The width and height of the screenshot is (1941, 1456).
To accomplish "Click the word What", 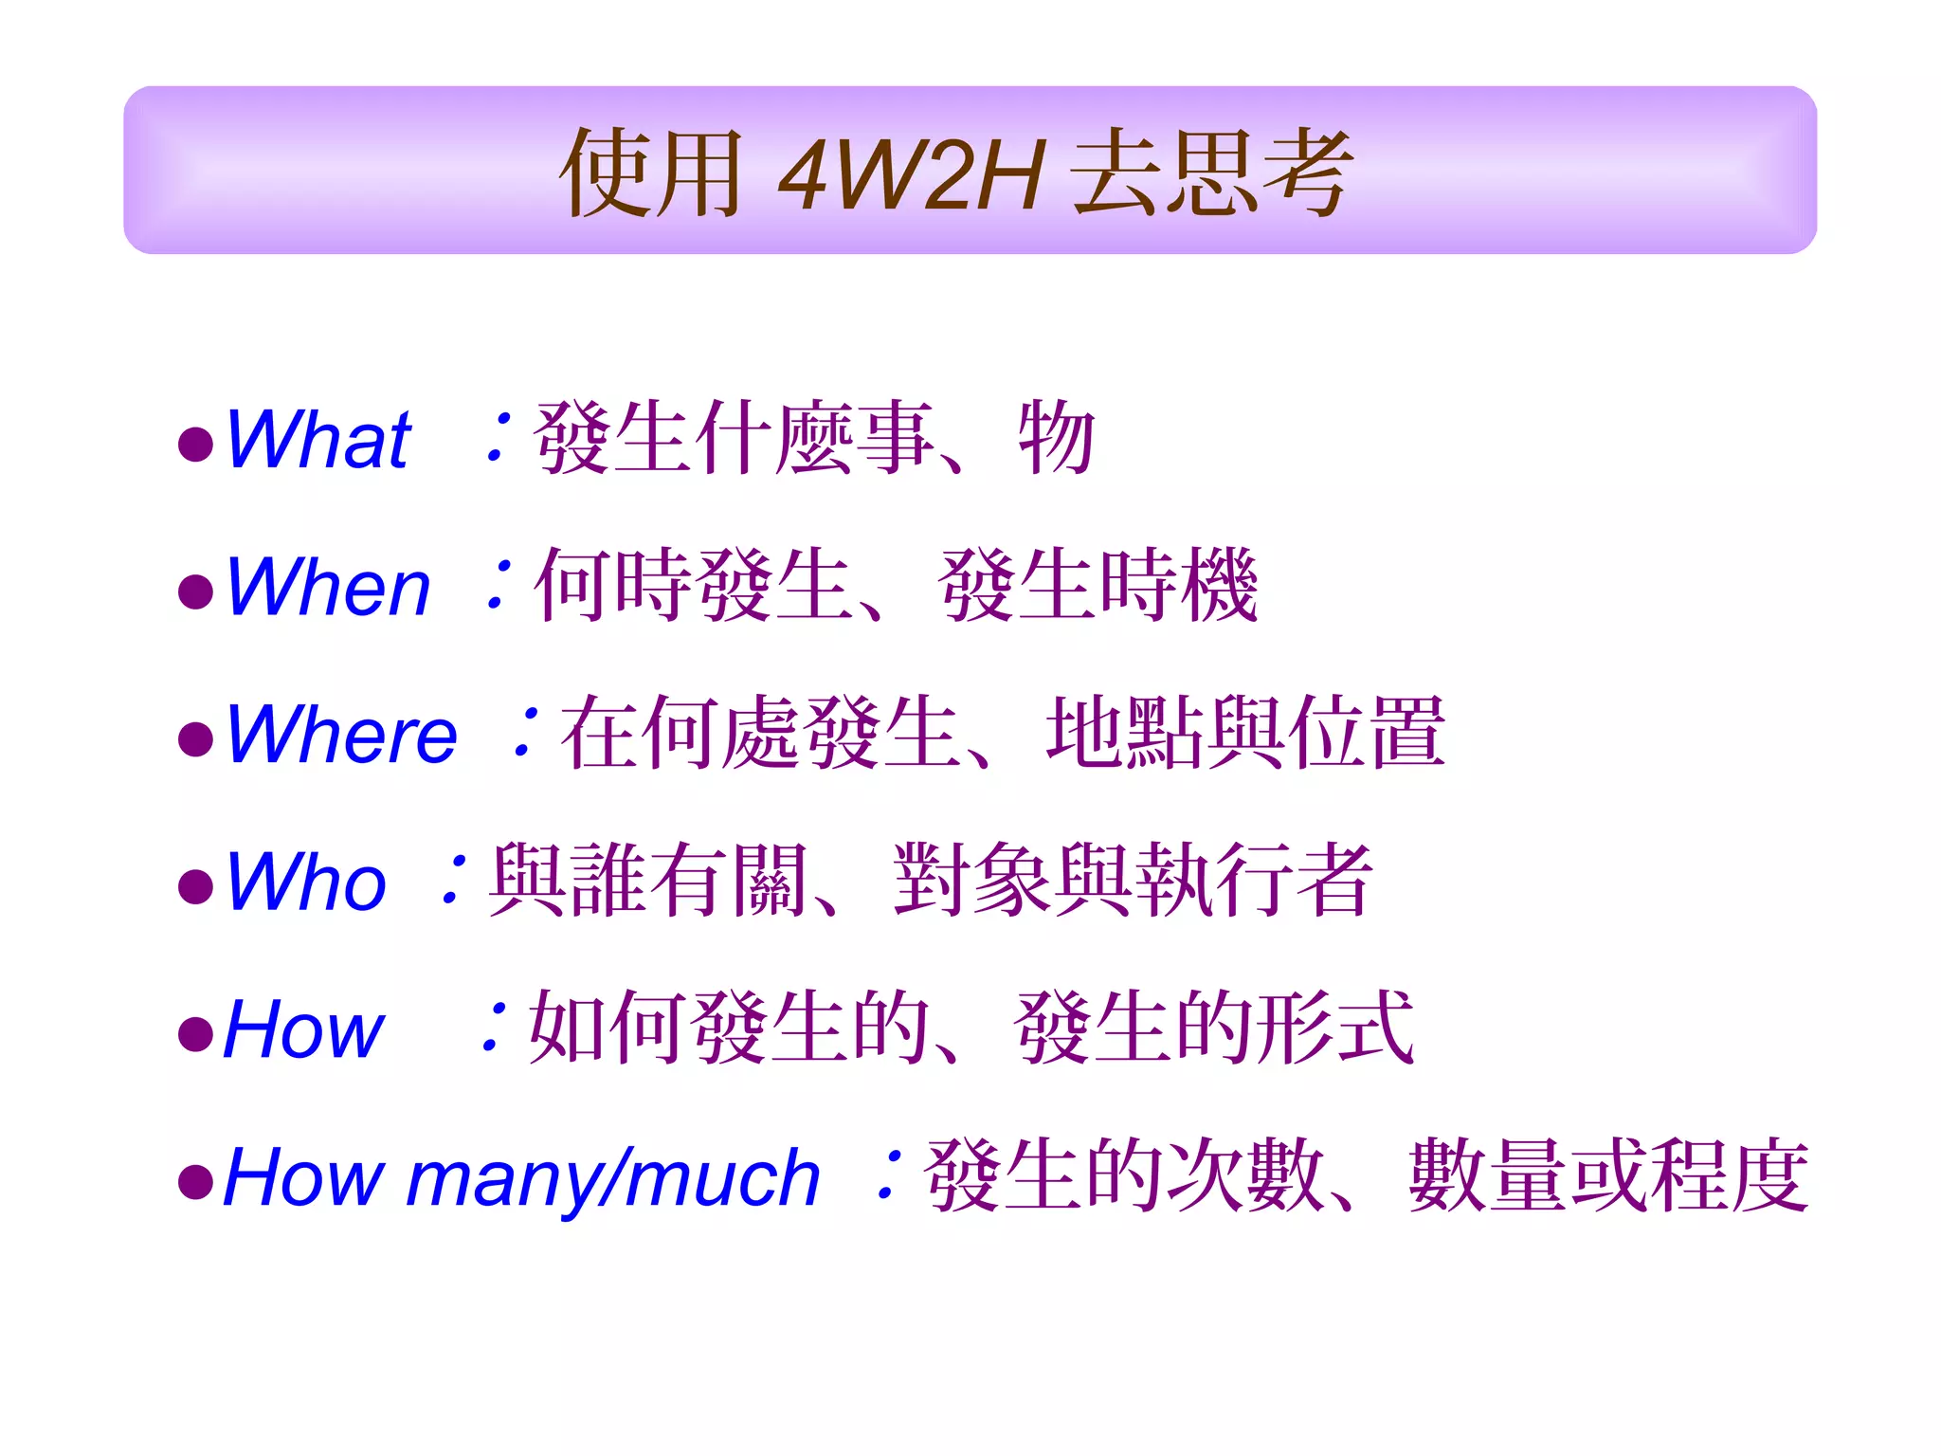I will (318, 440).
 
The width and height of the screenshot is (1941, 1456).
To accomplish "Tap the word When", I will (328, 588).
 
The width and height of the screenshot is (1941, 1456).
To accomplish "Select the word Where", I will (342, 735).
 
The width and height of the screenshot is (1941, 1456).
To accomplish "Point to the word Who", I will (306, 883).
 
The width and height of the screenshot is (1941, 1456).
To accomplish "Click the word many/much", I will (612, 1178).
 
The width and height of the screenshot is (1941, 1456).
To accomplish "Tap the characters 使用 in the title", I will (652, 173).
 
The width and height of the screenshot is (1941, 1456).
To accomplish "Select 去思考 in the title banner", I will (1210, 173).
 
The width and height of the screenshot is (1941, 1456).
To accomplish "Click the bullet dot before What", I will (195, 445).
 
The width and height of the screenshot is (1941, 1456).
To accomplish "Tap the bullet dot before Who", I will (195, 887).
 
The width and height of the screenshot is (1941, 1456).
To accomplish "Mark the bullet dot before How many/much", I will (195, 1182).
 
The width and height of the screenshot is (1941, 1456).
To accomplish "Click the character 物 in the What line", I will (1057, 437).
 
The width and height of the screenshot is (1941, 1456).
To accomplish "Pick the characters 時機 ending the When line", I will (1177, 586).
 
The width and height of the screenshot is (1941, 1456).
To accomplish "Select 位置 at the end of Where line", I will (1365, 733).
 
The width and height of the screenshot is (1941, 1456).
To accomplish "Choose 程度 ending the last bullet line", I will (1729, 1176).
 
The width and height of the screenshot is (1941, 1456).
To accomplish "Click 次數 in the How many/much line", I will (1245, 1176).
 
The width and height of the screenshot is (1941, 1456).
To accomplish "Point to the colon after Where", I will (525, 733).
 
